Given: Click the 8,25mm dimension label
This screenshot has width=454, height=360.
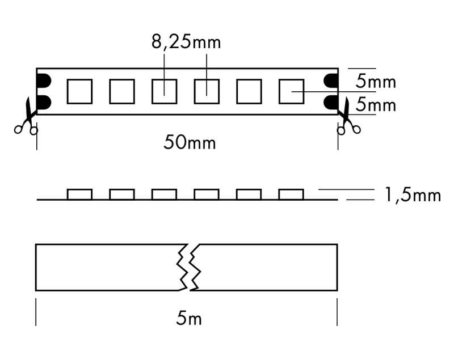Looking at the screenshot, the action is pyautogui.click(x=186, y=42).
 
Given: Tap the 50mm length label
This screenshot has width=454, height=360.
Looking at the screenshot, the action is pyautogui.click(x=190, y=143).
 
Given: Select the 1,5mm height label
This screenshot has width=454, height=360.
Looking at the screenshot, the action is pyautogui.click(x=413, y=195).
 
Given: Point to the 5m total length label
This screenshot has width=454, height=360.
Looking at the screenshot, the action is pyautogui.click(x=189, y=319).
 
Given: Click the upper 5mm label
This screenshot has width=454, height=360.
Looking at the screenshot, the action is pyautogui.click(x=376, y=81).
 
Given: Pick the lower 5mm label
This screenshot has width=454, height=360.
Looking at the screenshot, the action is pyautogui.click(x=376, y=104).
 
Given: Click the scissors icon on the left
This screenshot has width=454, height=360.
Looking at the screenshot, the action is pyautogui.click(x=26, y=117).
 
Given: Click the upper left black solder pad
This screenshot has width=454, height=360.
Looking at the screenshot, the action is pyautogui.click(x=44, y=81).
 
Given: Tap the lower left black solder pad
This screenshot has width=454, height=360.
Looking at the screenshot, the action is pyautogui.click(x=44, y=102).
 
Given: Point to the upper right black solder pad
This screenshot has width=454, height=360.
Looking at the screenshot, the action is pyautogui.click(x=331, y=81).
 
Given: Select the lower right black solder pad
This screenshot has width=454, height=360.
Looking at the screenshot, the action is pyautogui.click(x=331, y=102).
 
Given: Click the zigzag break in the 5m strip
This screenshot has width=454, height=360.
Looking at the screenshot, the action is pyautogui.click(x=189, y=267).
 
